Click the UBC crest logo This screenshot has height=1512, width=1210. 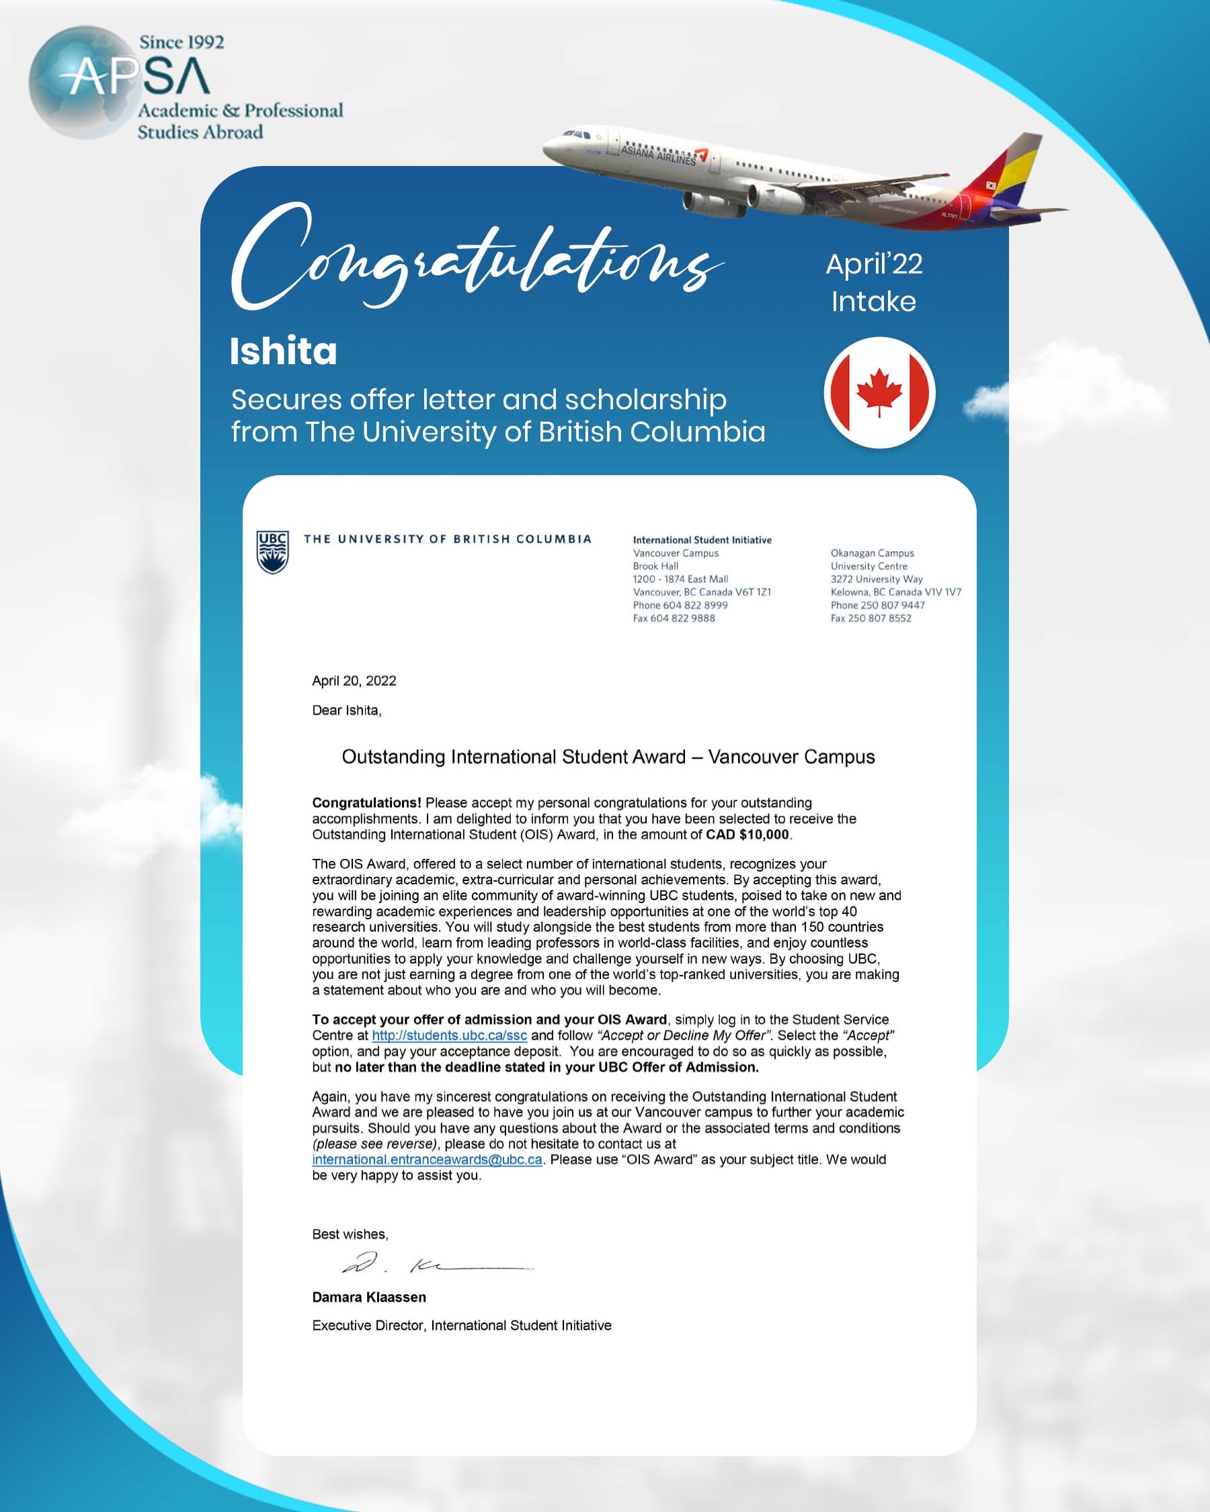pos(272,551)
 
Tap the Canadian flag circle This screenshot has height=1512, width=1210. pos(879,392)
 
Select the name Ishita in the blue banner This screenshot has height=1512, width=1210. pos(284,351)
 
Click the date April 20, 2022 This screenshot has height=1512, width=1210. pos(354,680)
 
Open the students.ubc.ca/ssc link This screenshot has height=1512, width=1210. pos(449,1035)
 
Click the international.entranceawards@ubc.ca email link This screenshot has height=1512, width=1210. pos(426,1159)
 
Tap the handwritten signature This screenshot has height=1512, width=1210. pos(435,1264)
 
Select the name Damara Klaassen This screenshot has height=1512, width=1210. pos(369,1297)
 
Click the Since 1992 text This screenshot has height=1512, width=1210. pos(182,42)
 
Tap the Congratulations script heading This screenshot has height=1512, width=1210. pos(477,259)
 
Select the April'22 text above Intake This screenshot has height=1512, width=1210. pos(874,264)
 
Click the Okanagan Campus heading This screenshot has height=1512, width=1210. pos(872,552)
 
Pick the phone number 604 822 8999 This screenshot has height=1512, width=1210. pos(694,605)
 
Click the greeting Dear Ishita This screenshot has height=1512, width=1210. pos(346,710)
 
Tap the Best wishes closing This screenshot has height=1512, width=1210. pos(350,1234)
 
